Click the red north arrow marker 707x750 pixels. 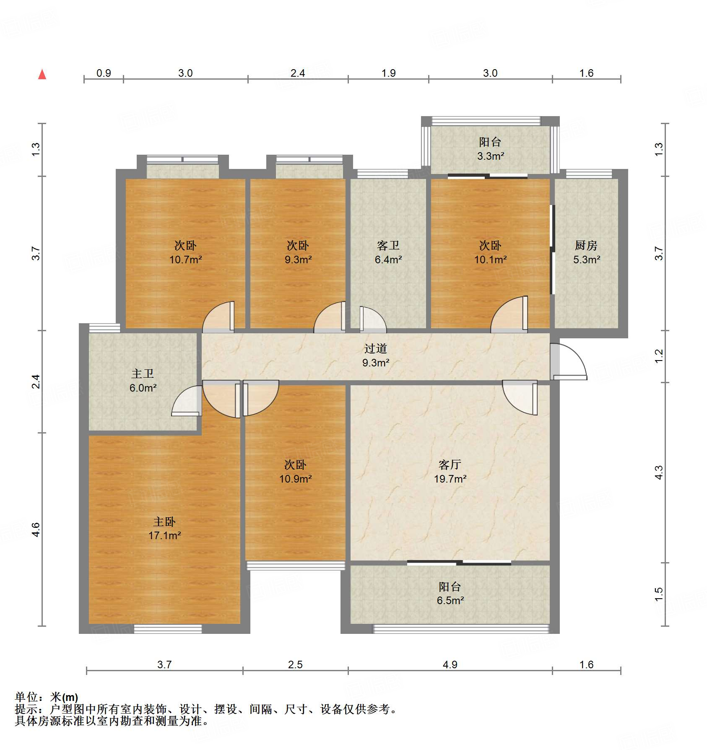click(42, 75)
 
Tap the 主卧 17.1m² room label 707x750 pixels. click(164, 528)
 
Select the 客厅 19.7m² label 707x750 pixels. click(450, 471)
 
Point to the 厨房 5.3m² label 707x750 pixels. click(586, 252)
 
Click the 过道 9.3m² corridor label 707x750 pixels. click(375, 355)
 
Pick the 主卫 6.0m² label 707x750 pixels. click(143, 380)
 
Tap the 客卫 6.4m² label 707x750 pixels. click(388, 252)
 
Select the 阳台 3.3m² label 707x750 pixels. click(490, 149)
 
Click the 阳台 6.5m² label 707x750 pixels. click(450, 593)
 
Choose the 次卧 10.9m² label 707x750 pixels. click(295, 471)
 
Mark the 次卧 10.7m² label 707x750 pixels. click(185, 252)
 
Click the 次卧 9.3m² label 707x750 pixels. click(298, 252)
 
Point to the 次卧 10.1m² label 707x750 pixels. click(490, 252)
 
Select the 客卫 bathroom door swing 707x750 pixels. click(372, 319)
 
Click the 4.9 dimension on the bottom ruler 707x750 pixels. click(450, 664)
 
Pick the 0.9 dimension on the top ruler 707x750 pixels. click(104, 73)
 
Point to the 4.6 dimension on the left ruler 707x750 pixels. click(36, 529)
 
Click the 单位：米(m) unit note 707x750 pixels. click(46, 697)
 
